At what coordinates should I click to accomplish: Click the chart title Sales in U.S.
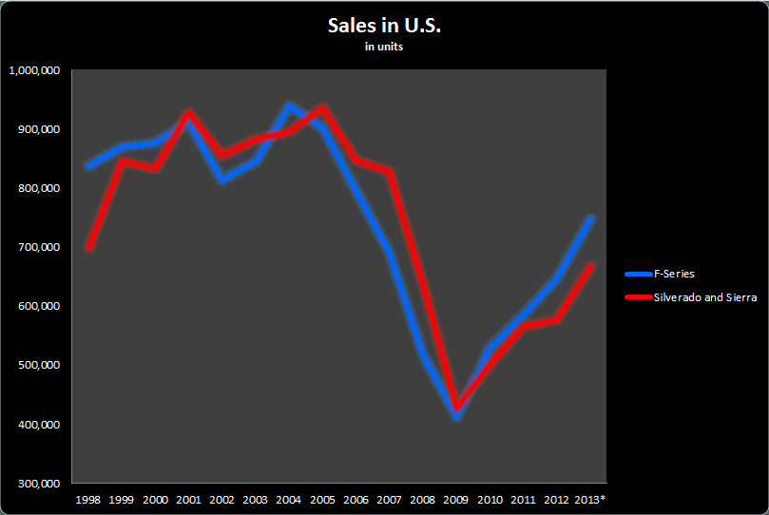(x=384, y=26)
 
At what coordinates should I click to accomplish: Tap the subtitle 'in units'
(x=384, y=48)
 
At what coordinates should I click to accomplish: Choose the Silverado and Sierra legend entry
(x=704, y=297)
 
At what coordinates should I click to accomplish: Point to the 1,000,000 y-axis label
(x=35, y=70)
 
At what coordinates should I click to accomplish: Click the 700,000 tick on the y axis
(x=40, y=247)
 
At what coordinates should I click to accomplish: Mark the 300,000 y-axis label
(x=40, y=484)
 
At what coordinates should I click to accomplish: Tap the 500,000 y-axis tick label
(x=40, y=365)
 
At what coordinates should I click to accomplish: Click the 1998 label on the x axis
(x=87, y=499)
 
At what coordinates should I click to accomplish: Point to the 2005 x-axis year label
(x=322, y=499)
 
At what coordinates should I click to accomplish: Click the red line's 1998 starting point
(x=88, y=249)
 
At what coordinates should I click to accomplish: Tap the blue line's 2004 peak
(x=289, y=105)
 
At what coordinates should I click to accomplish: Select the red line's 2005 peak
(x=323, y=108)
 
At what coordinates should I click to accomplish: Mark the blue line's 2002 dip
(x=222, y=179)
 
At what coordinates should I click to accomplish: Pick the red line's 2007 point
(x=390, y=171)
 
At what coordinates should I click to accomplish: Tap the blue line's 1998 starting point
(x=88, y=166)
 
